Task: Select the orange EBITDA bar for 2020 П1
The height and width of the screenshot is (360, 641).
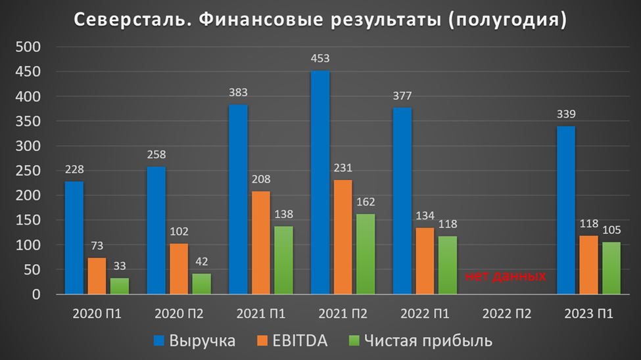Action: pos(97,276)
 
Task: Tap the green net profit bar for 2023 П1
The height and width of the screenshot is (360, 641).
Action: pos(611,268)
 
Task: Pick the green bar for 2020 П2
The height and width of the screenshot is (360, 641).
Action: pos(201,284)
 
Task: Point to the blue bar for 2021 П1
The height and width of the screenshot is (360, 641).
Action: pos(238,200)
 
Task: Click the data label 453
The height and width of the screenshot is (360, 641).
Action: pos(320,58)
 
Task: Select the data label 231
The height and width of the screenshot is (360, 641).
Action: pos(343,168)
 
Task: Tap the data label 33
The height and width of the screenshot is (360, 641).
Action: pos(119,266)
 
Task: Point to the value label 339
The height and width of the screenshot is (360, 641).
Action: pos(566,114)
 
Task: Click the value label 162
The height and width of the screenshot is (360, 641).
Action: pos(366,202)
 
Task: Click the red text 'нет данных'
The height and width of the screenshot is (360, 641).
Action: pos(506,276)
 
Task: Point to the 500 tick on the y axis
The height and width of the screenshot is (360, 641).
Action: pos(29,47)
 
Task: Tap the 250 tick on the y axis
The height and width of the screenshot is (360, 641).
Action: pos(29,171)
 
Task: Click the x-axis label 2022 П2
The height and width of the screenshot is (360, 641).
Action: pos(506,313)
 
